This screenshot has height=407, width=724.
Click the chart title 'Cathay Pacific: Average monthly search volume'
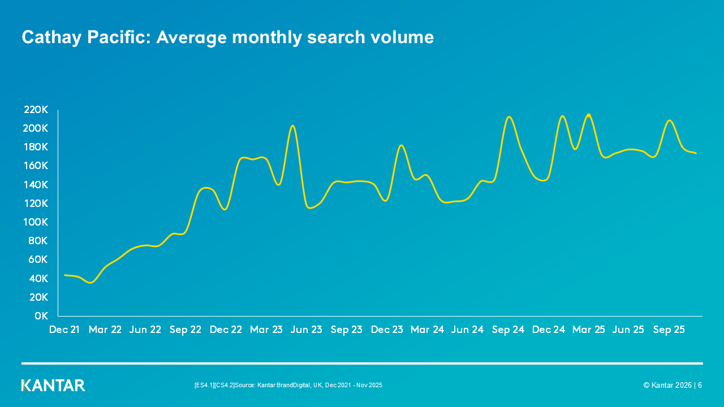click(x=227, y=37)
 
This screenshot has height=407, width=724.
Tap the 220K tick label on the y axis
click(x=36, y=110)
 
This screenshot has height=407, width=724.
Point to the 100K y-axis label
click(x=36, y=222)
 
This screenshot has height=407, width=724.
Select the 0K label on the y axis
click(x=41, y=316)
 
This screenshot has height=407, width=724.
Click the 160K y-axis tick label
click(x=36, y=166)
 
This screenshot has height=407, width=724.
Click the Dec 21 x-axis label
click(x=64, y=330)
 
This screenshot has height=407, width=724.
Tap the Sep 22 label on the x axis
click(x=186, y=330)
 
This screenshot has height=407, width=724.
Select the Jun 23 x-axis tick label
click(x=306, y=330)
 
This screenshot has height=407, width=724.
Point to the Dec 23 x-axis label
click(x=387, y=330)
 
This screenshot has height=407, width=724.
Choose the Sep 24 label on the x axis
click(x=508, y=330)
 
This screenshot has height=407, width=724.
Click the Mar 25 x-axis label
click(x=588, y=330)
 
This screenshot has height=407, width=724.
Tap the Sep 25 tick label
click(x=669, y=330)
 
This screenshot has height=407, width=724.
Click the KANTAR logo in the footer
click(x=53, y=386)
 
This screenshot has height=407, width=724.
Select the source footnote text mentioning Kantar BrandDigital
click(x=288, y=386)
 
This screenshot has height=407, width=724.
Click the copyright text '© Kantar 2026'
click(x=667, y=386)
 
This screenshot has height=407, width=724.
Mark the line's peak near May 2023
click(x=292, y=125)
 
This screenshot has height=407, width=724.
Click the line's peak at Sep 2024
click(x=509, y=117)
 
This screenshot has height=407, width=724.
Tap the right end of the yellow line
click(x=696, y=153)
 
